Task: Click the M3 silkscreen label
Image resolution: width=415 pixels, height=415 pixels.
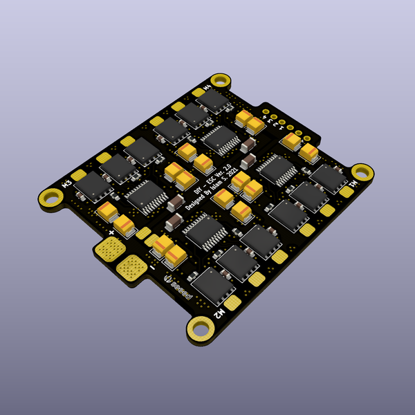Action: pyautogui.click(x=68, y=184)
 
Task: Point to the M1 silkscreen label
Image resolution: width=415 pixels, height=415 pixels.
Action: pyautogui.click(x=354, y=184)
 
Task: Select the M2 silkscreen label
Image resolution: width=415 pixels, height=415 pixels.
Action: pyautogui.click(x=219, y=313)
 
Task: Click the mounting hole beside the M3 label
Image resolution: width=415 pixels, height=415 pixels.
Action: pyautogui.click(x=50, y=197)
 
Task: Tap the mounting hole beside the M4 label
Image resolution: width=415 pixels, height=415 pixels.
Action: pyautogui.click(x=220, y=82)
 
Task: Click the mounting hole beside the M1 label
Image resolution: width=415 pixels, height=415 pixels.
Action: pyautogui.click(x=362, y=172)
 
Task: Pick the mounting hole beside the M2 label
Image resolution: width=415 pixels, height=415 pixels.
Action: pyautogui.click(x=201, y=328)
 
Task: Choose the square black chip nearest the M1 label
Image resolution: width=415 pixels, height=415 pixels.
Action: pyautogui.click(x=328, y=178)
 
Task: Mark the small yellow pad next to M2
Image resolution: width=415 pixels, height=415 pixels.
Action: pyautogui.click(x=234, y=302)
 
